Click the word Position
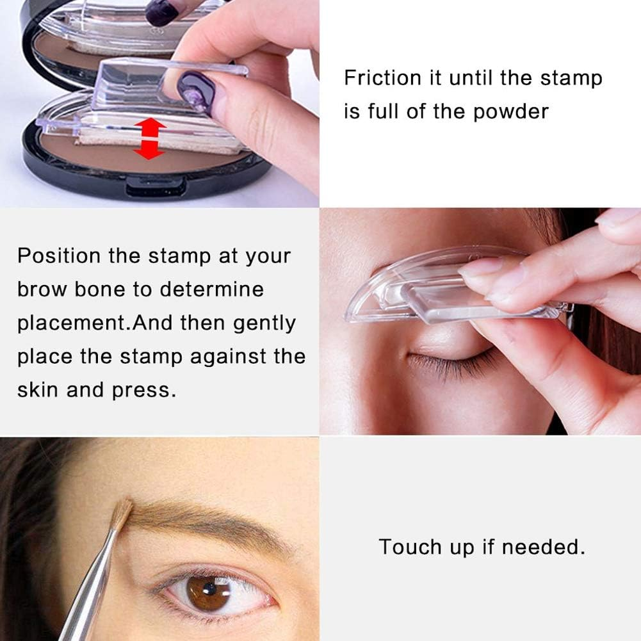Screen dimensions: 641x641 (59, 256)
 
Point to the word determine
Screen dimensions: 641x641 (211, 289)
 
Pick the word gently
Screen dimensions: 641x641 (264, 323)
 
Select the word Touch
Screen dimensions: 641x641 (410, 547)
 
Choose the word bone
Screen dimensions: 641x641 (103, 289)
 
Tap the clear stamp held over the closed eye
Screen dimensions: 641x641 (435, 288)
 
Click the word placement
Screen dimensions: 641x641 (70, 323)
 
